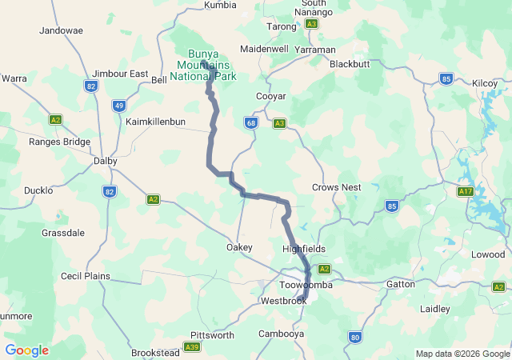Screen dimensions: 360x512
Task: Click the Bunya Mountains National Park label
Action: coord(207,65)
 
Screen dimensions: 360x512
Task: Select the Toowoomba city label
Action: coord(306,285)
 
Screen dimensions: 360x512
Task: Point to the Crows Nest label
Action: coord(336,187)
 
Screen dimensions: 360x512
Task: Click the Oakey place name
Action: coord(239,247)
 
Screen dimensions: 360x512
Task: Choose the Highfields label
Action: coord(304,249)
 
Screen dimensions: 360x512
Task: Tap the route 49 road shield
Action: coord(119,105)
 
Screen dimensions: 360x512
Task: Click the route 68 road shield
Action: coord(251,122)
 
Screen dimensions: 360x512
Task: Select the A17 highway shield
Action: coord(466,192)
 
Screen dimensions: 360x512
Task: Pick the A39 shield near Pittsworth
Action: coord(191,346)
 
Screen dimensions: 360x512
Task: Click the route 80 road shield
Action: coord(355,338)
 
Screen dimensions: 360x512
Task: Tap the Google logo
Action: coord(26,350)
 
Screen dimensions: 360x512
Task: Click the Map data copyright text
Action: coord(462,354)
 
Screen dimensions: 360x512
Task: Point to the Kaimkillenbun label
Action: coord(155,122)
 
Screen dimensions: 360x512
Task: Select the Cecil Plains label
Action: coord(86,276)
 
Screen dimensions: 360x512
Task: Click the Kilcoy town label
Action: coord(485,83)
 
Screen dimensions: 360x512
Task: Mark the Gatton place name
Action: coord(400,284)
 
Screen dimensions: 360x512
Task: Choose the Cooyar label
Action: coord(270,96)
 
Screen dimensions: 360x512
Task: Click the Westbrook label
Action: coord(283,302)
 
